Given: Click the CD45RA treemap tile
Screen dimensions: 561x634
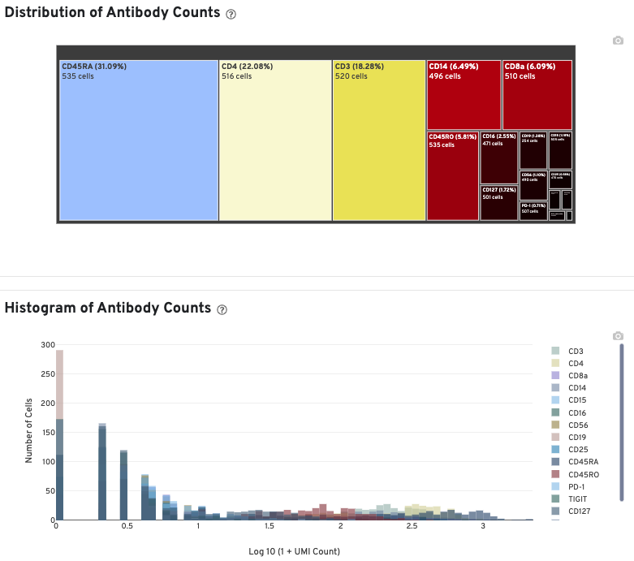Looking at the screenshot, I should [x=139, y=140].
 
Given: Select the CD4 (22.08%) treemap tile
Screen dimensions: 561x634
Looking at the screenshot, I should [x=275, y=140].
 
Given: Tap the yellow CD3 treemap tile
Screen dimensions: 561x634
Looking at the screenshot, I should [x=379, y=140].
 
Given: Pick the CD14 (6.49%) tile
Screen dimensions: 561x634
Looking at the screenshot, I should [x=464, y=94].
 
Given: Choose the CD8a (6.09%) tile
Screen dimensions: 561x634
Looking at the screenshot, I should [x=537, y=94].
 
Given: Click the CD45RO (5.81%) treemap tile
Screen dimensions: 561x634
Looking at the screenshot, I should [x=452, y=175].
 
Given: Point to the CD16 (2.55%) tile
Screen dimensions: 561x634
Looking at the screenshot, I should [x=498, y=158].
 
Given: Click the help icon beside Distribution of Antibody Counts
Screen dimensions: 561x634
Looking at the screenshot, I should [x=231, y=14].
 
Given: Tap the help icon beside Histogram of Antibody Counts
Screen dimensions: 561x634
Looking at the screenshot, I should [x=222, y=309].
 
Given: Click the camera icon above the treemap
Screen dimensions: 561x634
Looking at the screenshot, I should [x=618, y=41].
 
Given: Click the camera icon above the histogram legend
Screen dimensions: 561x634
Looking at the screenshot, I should [x=618, y=335].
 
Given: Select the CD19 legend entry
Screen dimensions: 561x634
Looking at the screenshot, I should [x=578, y=437].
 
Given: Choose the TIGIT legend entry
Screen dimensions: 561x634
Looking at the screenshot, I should [x=578, y=498].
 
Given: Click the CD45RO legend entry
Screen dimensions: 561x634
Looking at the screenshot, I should [x=583, y=473].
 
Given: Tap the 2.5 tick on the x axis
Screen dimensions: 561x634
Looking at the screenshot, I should [x=412, y=526].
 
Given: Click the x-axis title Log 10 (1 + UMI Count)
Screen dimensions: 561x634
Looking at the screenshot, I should [x=294, y=552].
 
